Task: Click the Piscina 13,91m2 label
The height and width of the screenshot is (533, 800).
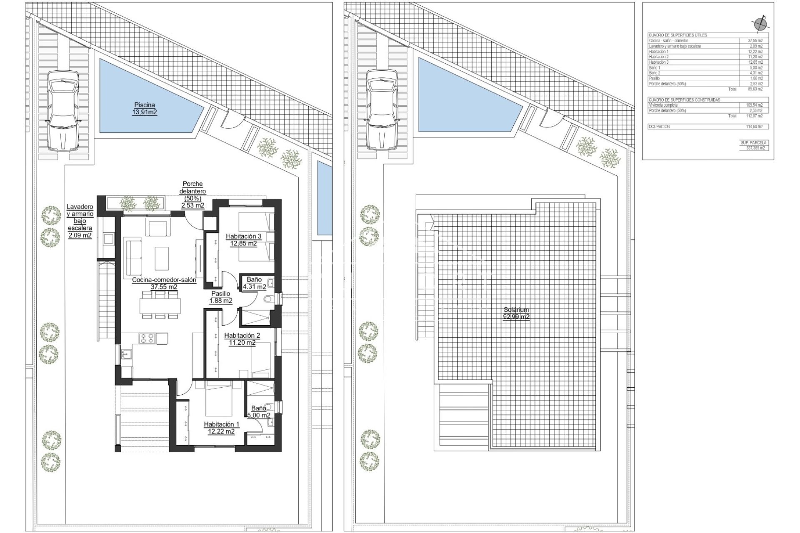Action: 145,109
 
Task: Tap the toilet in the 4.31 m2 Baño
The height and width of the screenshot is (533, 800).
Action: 269,299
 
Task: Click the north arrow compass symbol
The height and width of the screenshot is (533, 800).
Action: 761,23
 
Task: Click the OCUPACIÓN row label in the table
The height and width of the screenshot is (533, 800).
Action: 659,127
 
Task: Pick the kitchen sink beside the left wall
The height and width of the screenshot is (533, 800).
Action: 126,354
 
